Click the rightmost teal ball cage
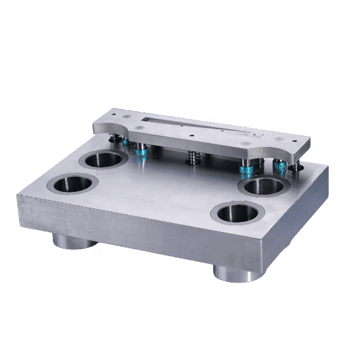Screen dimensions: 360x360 (x=279, y=166)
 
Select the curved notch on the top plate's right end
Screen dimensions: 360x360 (x=271, y=150)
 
